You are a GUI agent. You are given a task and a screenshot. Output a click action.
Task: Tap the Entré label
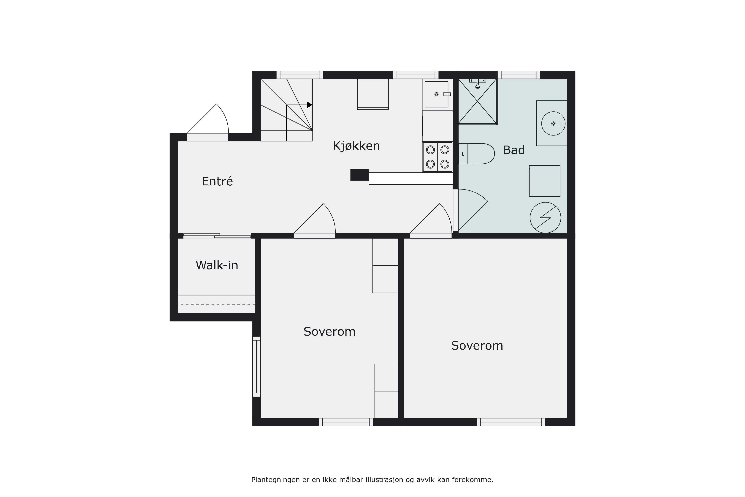217,181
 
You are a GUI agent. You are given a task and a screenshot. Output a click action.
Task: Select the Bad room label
514,150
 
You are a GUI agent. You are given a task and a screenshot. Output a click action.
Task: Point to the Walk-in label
217,265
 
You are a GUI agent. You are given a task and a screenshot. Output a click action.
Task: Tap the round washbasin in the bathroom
553,124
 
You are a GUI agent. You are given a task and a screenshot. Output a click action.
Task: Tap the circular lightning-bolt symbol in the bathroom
546,218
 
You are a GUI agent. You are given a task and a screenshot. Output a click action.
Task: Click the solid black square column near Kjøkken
359,175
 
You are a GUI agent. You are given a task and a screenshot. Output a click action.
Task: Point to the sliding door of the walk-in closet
217,236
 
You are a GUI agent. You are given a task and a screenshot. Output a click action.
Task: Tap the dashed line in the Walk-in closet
217,304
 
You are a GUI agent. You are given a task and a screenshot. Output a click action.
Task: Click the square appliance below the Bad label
544,181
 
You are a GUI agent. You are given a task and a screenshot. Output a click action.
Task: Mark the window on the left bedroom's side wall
257,367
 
